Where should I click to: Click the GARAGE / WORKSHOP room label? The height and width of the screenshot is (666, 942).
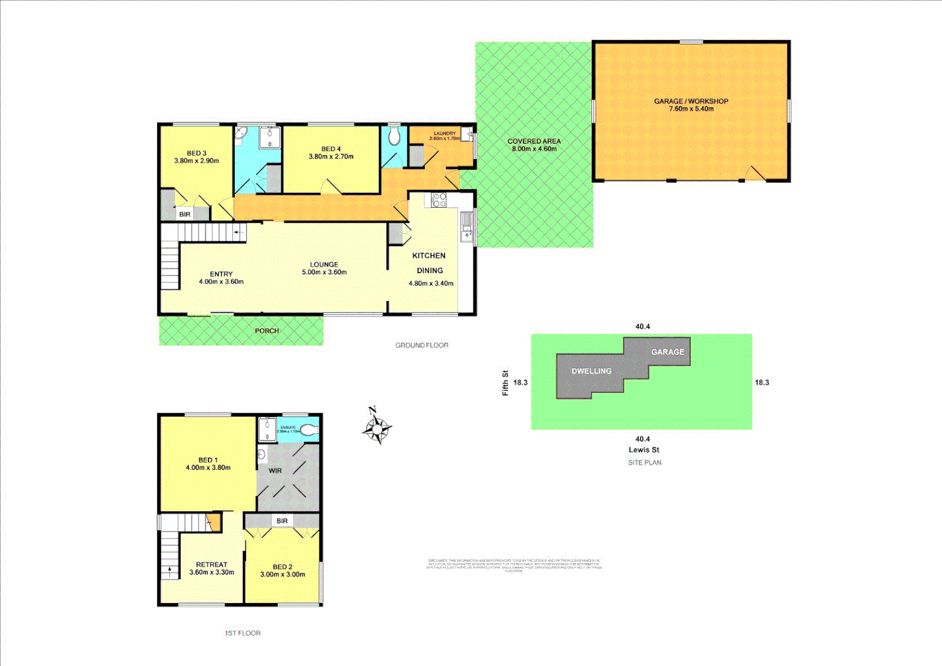pyautogui.click(x=691, y=105)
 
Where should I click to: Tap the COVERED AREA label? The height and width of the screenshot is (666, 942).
pyautogui.click(x=534, y=145)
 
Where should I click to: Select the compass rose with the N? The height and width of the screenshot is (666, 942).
pyautogui.click(x=377, y=426)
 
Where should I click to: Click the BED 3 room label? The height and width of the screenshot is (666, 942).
pyautogui.click(x=197, y=157)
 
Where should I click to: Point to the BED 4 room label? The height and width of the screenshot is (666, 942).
pyautogui.click(x=331, y=152)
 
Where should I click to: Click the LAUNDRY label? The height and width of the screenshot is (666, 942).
pyautogui.click(x=444, y=136)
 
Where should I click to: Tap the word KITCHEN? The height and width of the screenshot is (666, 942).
pyautogui.click(x=428, y=255)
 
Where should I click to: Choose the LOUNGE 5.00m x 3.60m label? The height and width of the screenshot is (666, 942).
pyautogui.click(x=324, y=268)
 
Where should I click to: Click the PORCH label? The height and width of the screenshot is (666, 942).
pyautogui.click(x=267, y=331)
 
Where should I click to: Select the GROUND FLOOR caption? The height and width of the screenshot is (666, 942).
pyautogui.click(x=422, y=345)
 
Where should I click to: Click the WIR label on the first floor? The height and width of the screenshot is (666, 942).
pyautogui.click(x=275, y=471)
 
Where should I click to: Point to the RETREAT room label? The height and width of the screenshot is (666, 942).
pyautogui.click(x=211, y=568)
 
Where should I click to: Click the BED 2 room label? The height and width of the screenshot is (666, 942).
pyautogui.click(x=282, y=570)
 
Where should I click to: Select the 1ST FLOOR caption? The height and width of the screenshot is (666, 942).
pyautogui.click(x=242, y=633)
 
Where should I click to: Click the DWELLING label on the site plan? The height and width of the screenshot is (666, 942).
pyautogui.click(x=591, y=371)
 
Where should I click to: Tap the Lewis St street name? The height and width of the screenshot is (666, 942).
pyautogui.click(x=644, y=450)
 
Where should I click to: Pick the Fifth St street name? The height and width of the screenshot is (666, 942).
pyautogui.click(x=506, y=382)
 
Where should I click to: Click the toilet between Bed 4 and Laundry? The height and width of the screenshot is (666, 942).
pyautogui.click(x=394, y=136)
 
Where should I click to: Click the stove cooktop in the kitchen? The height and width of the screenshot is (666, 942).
pyautogui.click(x=439, y=200)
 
